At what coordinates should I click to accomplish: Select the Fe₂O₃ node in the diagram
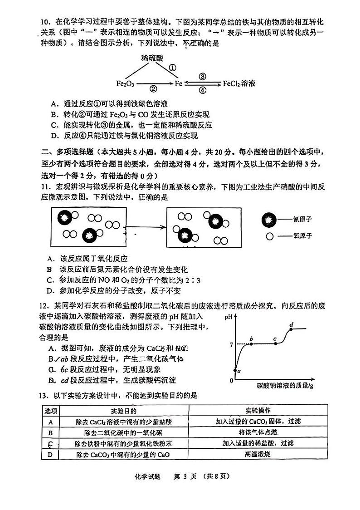125,84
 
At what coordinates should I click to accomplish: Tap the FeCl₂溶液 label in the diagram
239,83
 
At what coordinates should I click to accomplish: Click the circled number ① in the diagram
172,68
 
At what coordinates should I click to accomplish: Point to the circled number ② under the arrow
153,89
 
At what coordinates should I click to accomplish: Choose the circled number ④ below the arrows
203,90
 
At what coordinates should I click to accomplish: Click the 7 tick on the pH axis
231,345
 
